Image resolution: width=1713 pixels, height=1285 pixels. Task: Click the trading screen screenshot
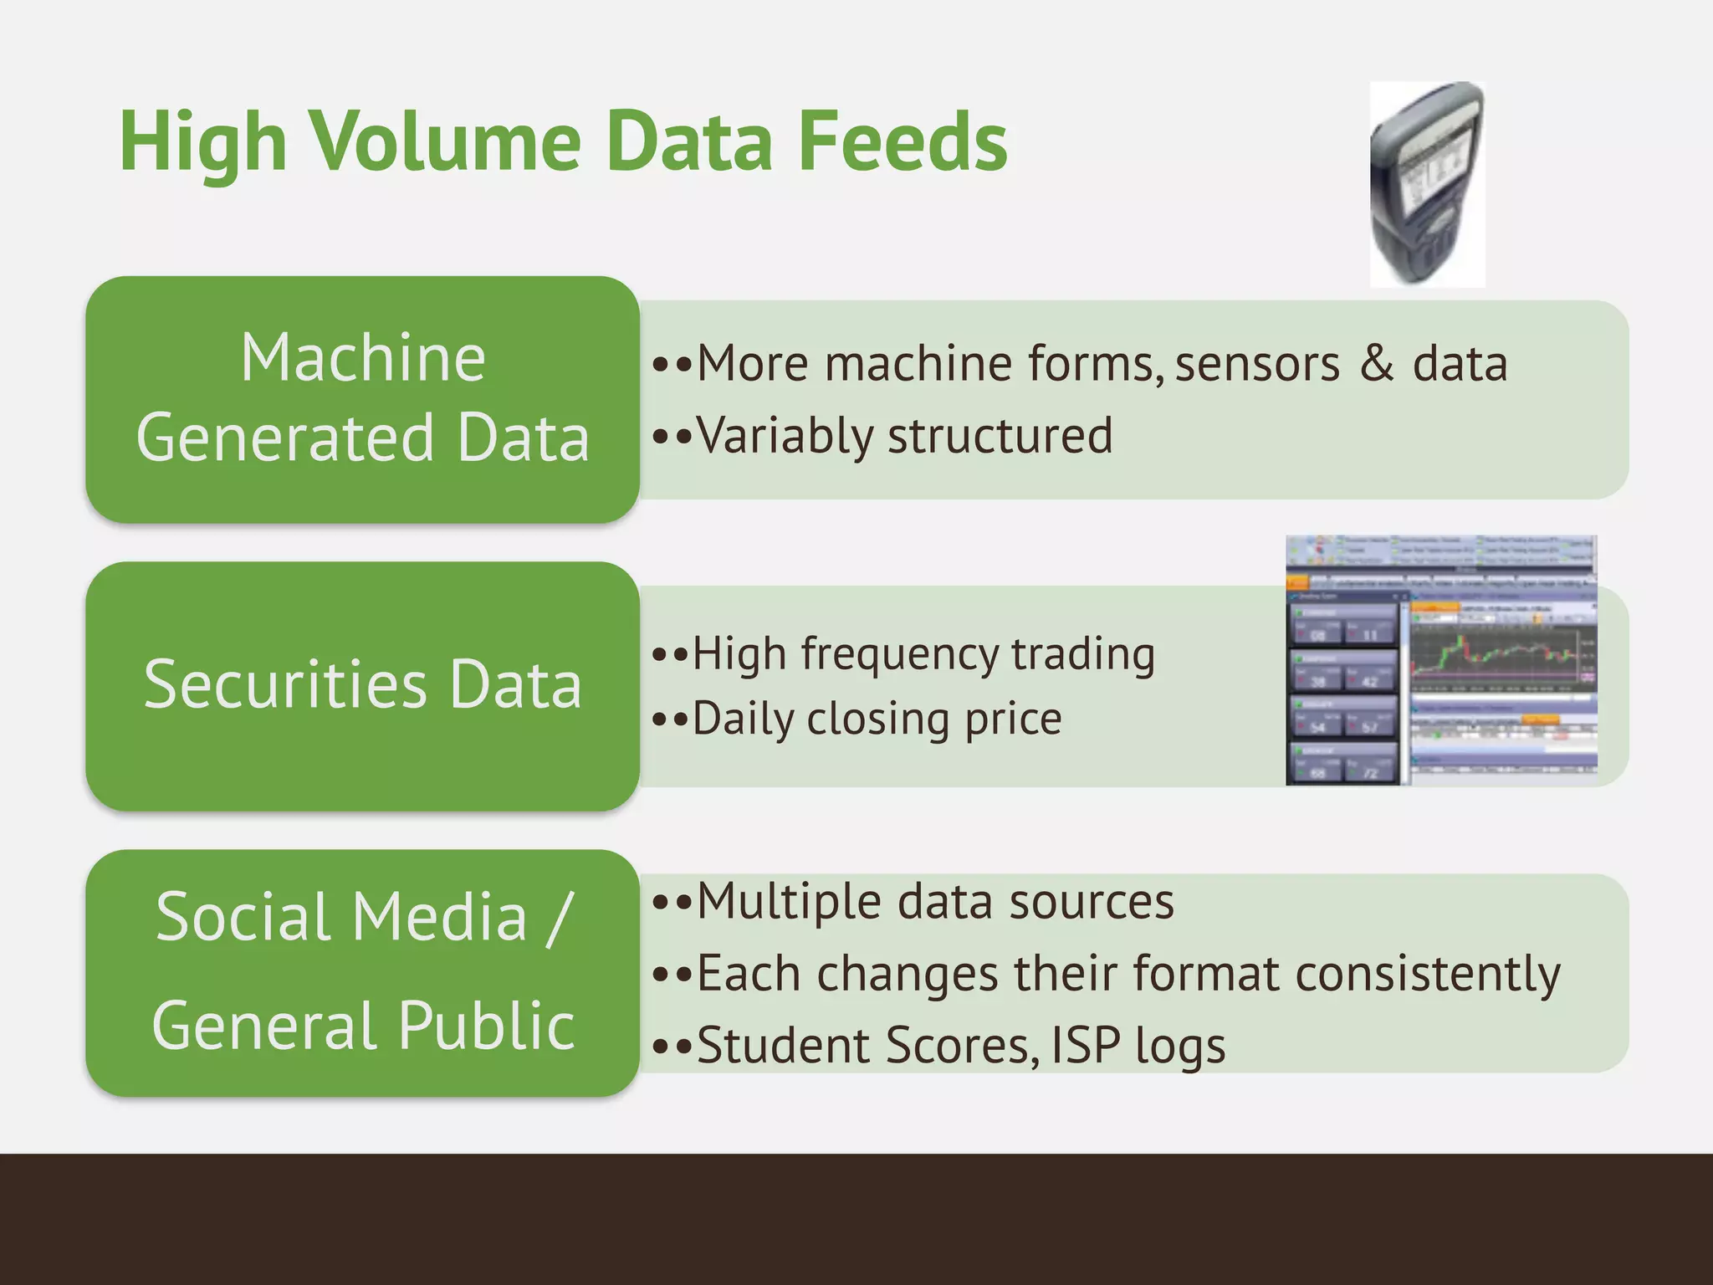[1440, 661]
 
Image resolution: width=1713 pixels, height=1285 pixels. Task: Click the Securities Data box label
[362, 684]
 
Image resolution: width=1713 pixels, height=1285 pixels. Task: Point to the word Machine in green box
[362, 358]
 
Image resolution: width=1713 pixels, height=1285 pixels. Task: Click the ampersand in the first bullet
[1376, 363]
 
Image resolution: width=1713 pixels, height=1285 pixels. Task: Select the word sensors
[1256, 365]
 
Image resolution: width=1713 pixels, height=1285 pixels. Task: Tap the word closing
[880, 719]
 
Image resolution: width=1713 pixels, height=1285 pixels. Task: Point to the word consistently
[1427, 975]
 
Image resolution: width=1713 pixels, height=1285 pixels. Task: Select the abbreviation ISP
[1085, 1046]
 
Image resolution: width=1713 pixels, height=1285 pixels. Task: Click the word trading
[1083, 654]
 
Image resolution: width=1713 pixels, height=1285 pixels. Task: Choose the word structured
[1000, 437]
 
